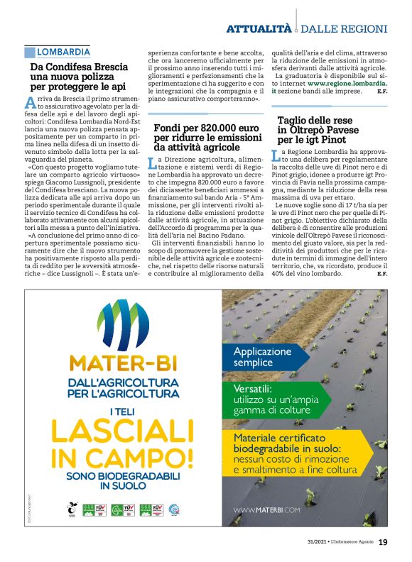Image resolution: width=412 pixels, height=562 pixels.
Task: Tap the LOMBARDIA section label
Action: click(x=63, y=52)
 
